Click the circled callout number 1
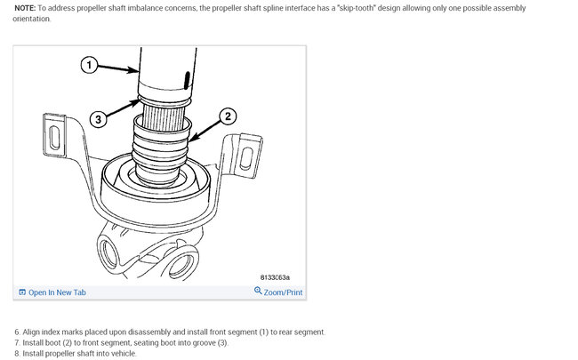89,65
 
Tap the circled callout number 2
228,116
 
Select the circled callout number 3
98,119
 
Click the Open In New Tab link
57,292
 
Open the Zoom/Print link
283,292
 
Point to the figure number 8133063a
275,277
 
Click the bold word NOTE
25,8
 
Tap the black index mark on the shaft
187,80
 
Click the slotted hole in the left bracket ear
54,138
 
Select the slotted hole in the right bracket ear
246,158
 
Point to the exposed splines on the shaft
163,117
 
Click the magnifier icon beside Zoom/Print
258,291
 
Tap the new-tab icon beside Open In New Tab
22,292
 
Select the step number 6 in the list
17,332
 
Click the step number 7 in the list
17,343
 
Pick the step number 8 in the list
17,354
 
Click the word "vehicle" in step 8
124,354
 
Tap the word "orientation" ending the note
32,19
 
